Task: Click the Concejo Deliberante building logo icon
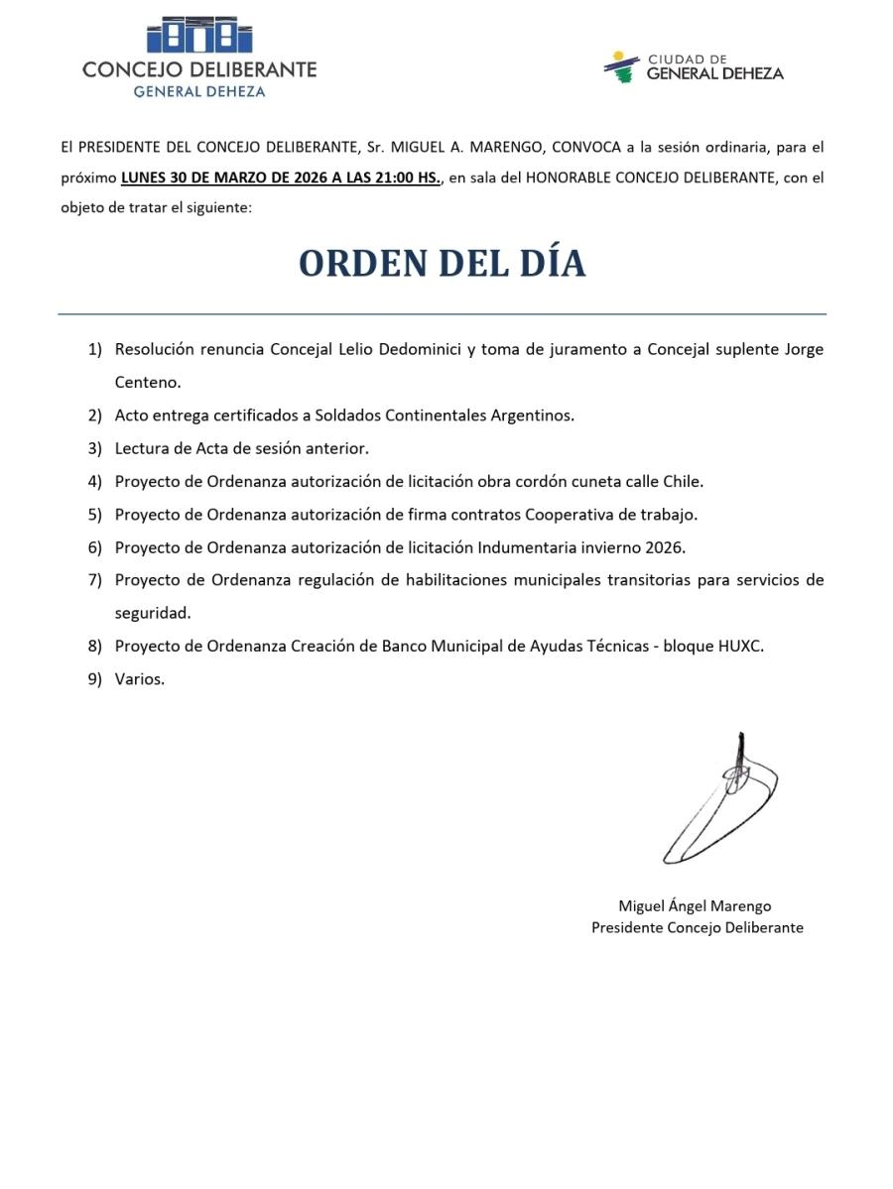click(x=198, y=36)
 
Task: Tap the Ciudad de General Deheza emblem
click(x=621, y=66)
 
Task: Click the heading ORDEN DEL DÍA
click(x=443, y=264)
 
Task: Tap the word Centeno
click(x=148, y=382)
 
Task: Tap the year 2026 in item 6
click(x=665, y=547)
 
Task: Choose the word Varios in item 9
click(x=139, y=679)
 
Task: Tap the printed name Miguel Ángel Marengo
click(x=695, y=905)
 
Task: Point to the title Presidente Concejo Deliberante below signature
click(x=697, y=928)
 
